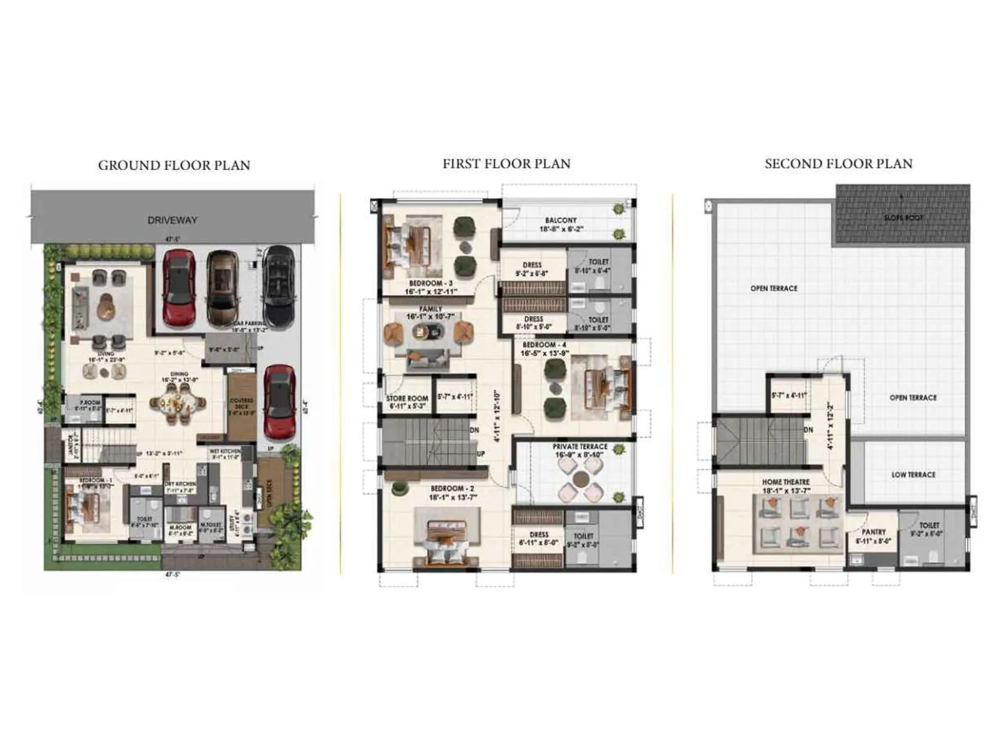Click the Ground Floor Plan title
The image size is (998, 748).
174,165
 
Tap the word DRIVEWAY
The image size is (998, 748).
172,220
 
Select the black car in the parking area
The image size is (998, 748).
278,285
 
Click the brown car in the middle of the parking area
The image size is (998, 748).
223,289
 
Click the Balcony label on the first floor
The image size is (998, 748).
561,220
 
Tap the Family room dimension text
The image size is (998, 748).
431,317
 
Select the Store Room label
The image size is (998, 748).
407,398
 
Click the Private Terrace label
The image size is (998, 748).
580,447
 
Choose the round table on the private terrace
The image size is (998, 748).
581,479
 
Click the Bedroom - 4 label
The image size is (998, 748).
545,345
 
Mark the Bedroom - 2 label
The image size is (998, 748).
452,489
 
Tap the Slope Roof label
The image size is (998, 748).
903,218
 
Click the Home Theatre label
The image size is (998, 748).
786,482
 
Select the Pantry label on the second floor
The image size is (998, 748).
873,532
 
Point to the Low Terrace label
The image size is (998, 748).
913,475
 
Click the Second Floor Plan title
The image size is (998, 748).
838,164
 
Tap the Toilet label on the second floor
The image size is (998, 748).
929,525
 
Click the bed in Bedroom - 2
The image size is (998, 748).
447,540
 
